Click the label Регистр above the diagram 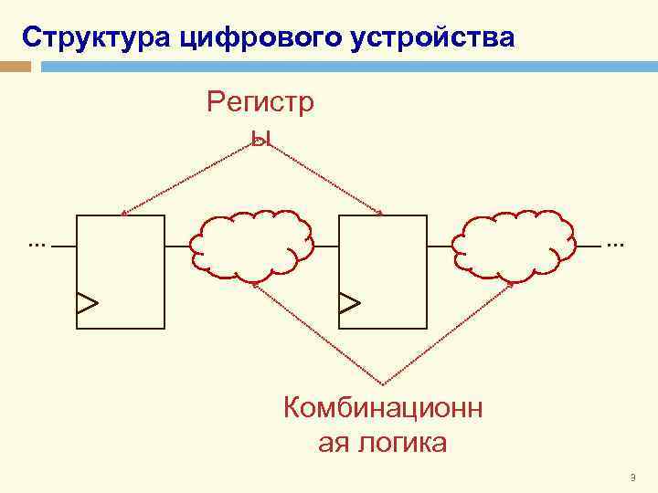point(260,103)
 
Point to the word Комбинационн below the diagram point(383,407)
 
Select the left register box point(121,271)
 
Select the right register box point(382,271)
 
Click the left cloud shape point(252,245)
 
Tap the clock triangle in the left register point(87,302)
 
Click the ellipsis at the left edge point(37,245)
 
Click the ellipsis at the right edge point(614,245)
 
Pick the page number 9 point(632,477)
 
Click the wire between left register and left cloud point(177,246)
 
